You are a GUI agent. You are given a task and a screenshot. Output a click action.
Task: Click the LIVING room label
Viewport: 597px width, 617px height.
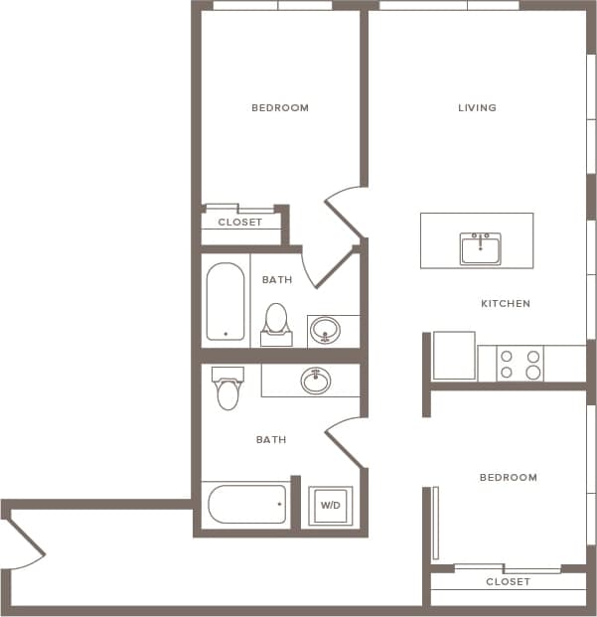tap(477, 107)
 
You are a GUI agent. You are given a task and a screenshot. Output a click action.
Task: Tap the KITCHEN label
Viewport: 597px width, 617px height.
tap(506, 303)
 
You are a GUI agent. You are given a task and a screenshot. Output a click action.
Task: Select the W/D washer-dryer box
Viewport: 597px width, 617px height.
tap(330, 506)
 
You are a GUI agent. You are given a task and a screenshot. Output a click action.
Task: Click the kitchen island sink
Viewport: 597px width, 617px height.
tap(481, 248)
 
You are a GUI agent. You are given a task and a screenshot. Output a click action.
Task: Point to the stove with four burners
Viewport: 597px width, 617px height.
tap(521, 364)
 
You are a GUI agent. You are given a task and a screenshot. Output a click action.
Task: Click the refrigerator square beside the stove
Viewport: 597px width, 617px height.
tap(454, 356)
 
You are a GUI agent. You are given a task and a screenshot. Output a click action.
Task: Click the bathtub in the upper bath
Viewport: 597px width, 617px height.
tap(225, 302)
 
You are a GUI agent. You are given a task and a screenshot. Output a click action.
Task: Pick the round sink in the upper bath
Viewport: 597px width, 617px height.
tap(325, 330)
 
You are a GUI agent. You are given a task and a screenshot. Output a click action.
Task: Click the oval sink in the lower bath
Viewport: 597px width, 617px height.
tap(316, 381)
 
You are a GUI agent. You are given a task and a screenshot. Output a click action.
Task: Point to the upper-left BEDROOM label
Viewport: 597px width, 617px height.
tap(279, 107)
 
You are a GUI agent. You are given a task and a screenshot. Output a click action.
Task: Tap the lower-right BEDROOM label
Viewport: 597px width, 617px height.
tap(508, 477)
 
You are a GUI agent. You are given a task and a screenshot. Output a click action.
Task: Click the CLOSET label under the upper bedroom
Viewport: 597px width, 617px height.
tap(240, 223)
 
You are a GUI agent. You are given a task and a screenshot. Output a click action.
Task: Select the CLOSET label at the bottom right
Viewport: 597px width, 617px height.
tap(508, 581)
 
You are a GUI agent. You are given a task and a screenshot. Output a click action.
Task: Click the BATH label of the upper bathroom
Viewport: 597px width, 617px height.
tap(277, 280)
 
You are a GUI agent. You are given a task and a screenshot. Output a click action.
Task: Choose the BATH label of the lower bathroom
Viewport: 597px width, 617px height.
tap(271, 439)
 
